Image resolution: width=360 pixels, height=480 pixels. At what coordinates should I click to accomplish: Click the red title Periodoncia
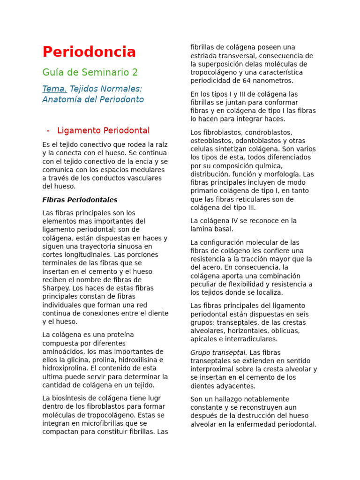(89, 52)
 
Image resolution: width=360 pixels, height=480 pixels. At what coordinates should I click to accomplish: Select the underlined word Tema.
(54, 89)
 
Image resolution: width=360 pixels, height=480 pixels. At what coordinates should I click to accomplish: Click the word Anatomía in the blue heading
(60, 99)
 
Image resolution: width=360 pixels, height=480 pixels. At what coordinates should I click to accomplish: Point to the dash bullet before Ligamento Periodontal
(48, 130)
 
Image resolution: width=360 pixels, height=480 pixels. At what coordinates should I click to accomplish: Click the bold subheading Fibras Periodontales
(80, 200)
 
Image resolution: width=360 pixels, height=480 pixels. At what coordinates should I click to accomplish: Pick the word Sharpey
(55, 288)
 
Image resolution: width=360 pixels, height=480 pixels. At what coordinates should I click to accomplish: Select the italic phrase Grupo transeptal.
(218, 352)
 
